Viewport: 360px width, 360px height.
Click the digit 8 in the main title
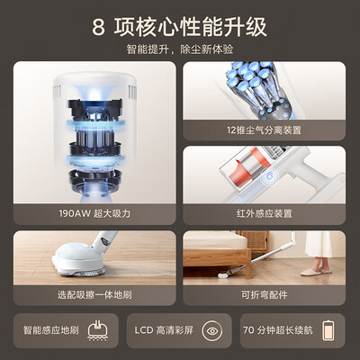tap(98, 28)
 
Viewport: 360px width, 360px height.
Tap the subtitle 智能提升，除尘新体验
tap(180, 49)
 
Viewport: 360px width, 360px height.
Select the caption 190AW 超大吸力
tap(94, 213)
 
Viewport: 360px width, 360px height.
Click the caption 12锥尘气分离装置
tap(264, 130)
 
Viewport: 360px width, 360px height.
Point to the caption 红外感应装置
tap(264, 213)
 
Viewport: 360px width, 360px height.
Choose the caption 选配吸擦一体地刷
tap(94, 295)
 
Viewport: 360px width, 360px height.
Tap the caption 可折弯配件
tap(264, 295)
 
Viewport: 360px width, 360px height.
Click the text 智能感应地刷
tap(51, 330)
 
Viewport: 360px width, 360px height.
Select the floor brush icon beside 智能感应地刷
tap(97, 330)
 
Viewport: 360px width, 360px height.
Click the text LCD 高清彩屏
tap(164, 330)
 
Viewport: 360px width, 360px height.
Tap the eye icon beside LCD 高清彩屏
tap(212, 330)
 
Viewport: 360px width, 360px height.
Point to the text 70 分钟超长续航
tap(278, 330)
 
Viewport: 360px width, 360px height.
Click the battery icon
tap(328, 330)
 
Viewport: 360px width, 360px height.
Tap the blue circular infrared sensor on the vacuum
tap(269, 176)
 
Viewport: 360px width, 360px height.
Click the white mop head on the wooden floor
tap(79, 259)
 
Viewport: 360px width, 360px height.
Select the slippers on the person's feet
tap(316, 271)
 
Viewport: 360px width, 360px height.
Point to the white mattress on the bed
tap(214, 240)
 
